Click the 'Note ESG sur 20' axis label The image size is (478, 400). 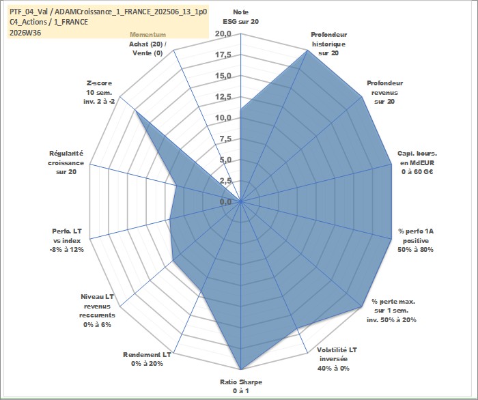[x=241, y=17]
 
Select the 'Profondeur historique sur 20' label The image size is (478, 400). [x=328, y=44]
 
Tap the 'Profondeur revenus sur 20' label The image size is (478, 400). [x=384, y=92]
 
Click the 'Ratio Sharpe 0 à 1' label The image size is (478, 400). [x=241, y=386]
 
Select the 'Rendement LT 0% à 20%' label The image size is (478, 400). [x=147, y=359]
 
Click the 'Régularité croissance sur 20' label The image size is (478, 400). [x=66, y=162]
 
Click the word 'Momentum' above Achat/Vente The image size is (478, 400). [x=148, y=35]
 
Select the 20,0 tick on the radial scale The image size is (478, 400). [x=223, y=34]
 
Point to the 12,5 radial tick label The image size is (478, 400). [x=223, y=97]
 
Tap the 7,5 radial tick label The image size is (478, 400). [x=225, y=139]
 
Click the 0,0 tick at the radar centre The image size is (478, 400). [x=225, y=201]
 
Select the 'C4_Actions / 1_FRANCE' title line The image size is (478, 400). [x=48, y=22]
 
